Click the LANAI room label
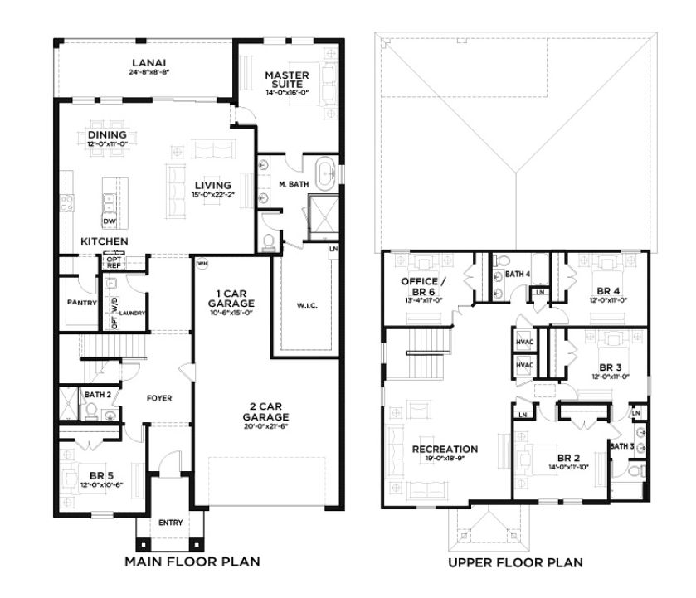[x=149, y=62]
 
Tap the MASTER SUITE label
[x=287, y=80]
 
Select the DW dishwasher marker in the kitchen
[x=109, y=221]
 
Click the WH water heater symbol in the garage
[x=202, y=265]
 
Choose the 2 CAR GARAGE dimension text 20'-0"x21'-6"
[x=265, y=426]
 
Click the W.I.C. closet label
[x=306, y=305]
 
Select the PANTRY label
[x=82, y=303]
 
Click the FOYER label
[x=159, y=398]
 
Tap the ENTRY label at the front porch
[x=171, y=523]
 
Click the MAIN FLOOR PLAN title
[x=192, y=562]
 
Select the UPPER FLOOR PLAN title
[x=515, y=562]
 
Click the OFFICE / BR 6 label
[x=422, y=286]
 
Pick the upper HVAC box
[x=524, y=342]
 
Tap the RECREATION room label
[x=445, y=449]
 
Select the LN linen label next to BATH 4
[x=539, y=292]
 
